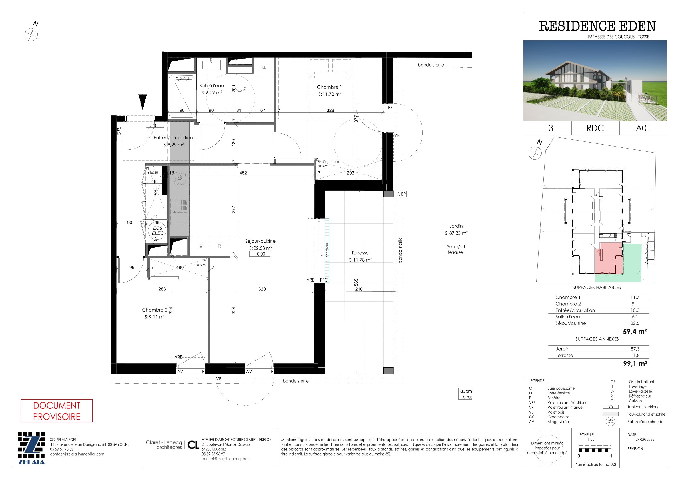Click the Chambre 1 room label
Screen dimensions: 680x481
(x=329, y=87)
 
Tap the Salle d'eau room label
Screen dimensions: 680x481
(x=211, y=86)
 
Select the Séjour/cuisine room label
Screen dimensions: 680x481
(x=260, y=241)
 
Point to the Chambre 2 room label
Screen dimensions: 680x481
(x=154, y=310)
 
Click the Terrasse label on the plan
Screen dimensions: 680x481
(x=360, y=253)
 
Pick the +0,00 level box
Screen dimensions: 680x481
(x=260, y=254)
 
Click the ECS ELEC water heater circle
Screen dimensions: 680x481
(x=158, y=231)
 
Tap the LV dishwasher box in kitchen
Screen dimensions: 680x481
(x=200, y=246)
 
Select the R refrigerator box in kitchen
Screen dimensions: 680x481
(x=219, y=246)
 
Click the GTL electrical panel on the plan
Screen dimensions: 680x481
(x=119, y=131)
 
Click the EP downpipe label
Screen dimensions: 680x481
(x=403, y=194)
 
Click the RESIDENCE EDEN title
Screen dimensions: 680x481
(x=597, y=26)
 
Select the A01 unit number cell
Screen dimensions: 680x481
(x=643, y=128)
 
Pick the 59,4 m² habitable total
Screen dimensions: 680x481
(x=635, y=331)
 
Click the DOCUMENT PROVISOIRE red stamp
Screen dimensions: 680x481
(x=57, y=411)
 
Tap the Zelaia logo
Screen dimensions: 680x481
(x=31, y=448)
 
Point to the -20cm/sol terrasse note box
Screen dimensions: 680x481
(x=455, y=249)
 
